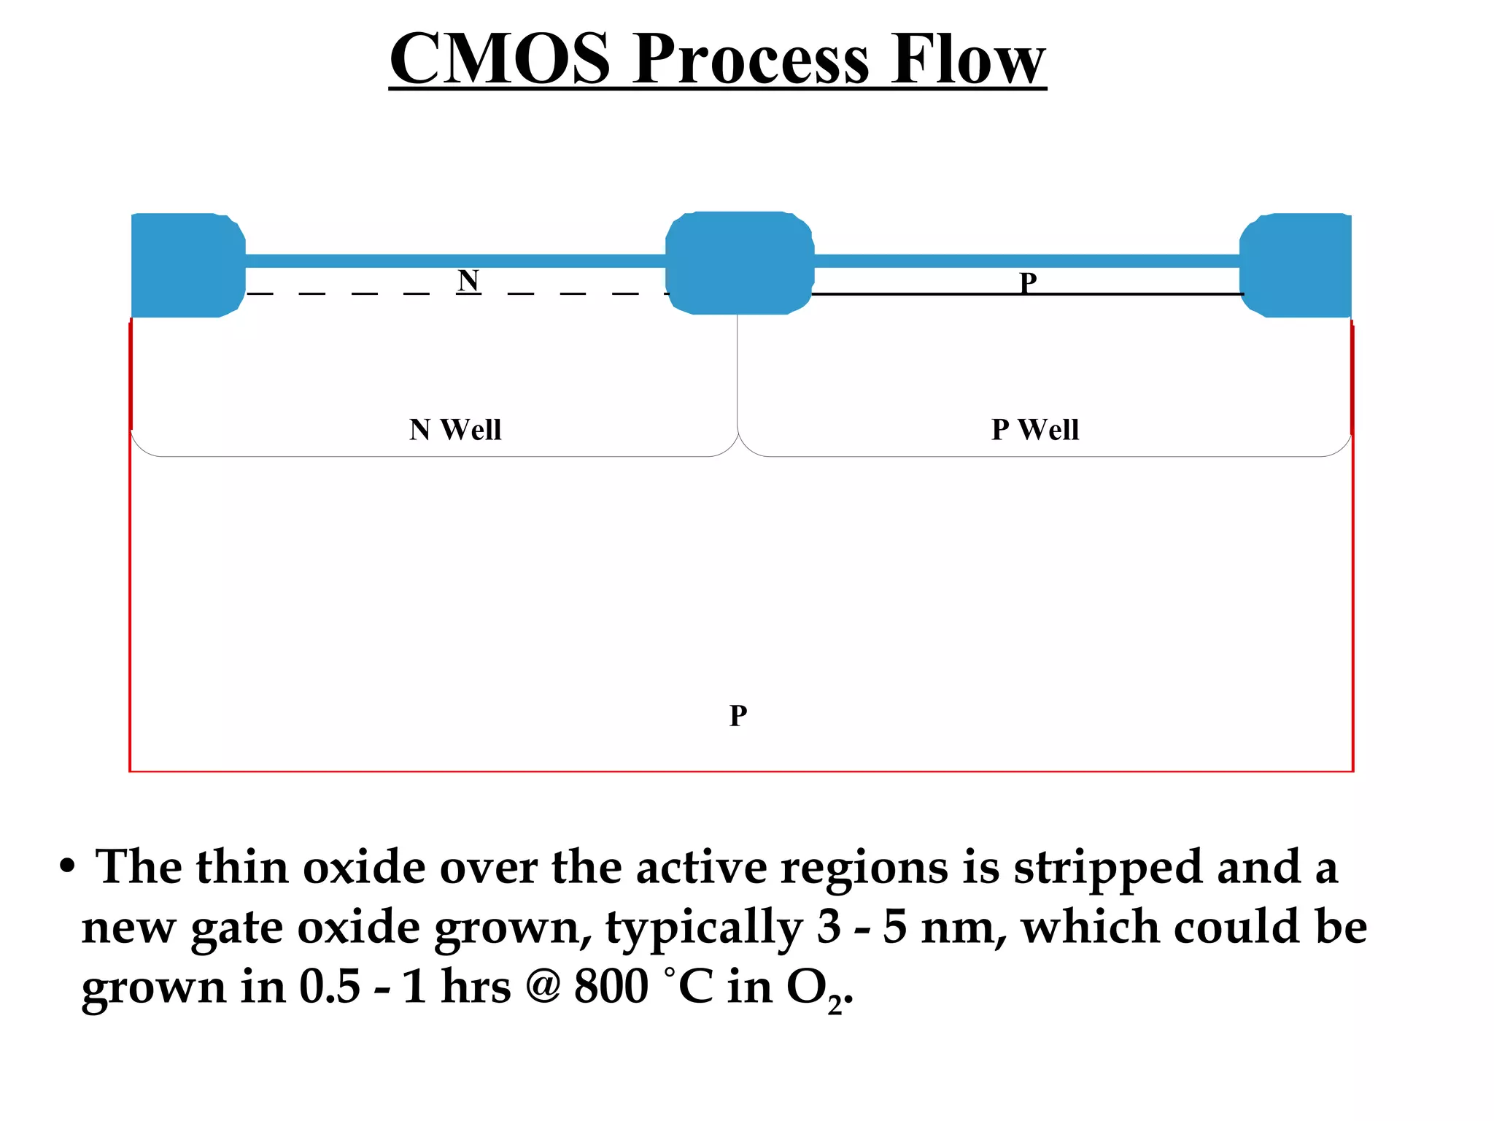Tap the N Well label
pos(455,429)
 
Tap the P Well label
pos(1034,429)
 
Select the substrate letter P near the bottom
pos(738,715)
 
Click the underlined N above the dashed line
pos(468,280)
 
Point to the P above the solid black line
pos(1028,282)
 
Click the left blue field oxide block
pos(187,265)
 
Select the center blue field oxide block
pos(739,263)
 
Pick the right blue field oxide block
pos(1297,265)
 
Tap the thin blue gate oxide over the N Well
pos(455,261)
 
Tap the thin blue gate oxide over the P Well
pos(1026,261)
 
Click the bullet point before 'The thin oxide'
pos(67,867)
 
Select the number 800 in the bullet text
pos(611,987)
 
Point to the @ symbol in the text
pos(542,987)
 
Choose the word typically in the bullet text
pos(703,928)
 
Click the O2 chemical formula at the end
pos(816,989)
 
